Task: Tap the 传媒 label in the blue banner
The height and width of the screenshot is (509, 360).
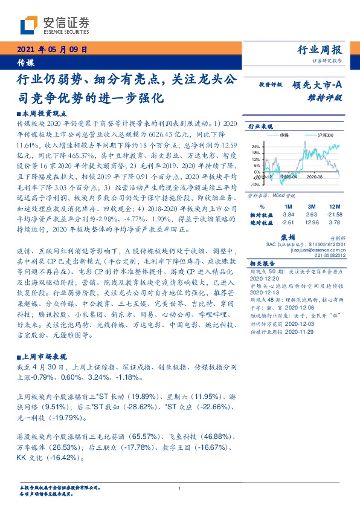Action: (25, 62)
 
